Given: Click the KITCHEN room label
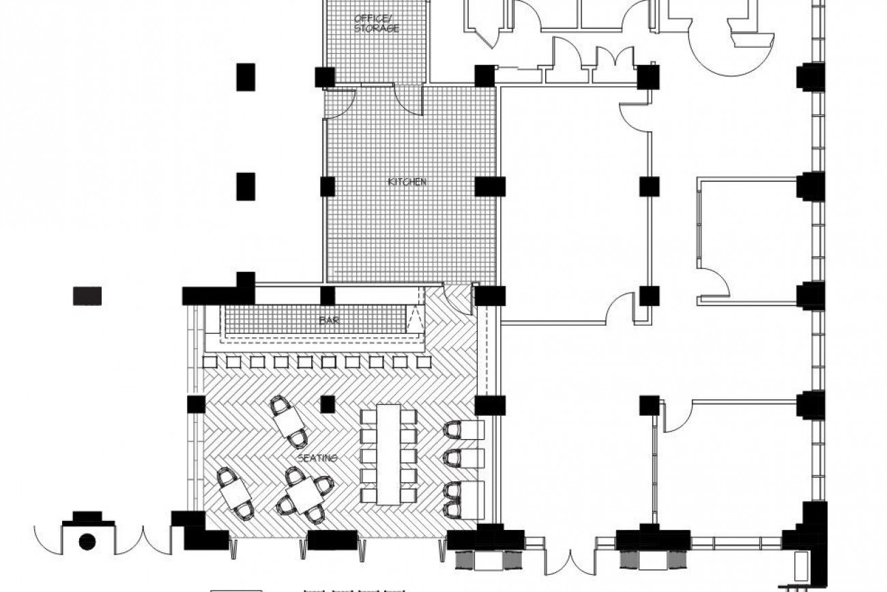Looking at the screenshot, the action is pos(407,182).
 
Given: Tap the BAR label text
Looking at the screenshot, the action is pos(330,320).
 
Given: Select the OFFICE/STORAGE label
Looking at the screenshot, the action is pos(376,23).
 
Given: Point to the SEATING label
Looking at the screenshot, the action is pos(317,458).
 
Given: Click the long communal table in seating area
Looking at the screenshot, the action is pos(388,455).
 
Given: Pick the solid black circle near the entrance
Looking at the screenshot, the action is pos(87,541).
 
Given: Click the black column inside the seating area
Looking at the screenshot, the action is pos(328,404).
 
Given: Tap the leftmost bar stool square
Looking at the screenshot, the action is pos(210,362).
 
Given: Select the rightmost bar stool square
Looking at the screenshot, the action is pos(424,362).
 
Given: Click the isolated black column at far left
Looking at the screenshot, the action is pos(87,296).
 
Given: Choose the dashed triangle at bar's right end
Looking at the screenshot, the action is pos(415,320).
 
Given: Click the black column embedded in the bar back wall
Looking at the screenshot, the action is pos(328,296).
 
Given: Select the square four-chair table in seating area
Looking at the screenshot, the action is pos(305,494).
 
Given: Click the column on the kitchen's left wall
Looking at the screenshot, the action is pos(328,186).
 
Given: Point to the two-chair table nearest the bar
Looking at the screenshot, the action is pos(289,422).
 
